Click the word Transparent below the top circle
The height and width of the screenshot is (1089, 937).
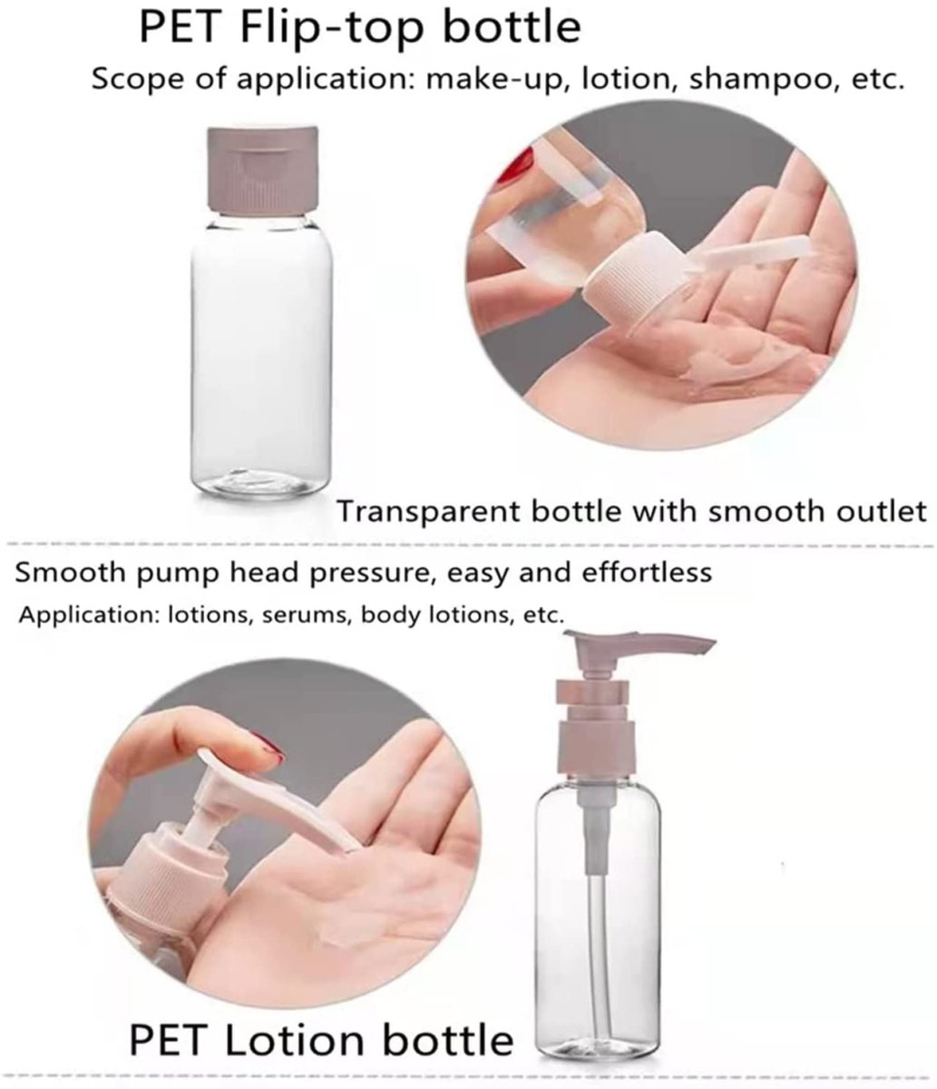[x=427, y=512]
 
